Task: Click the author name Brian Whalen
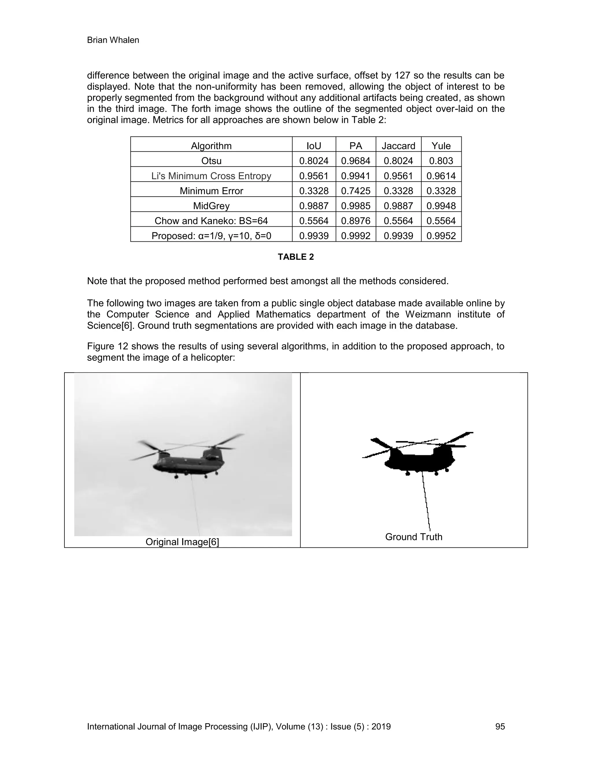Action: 113,40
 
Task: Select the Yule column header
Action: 441,146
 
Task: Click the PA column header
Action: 356,146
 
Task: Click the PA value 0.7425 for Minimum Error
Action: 356,191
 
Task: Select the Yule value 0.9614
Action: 441,176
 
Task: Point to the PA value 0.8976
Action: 356,221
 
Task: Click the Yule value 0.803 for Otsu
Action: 441,161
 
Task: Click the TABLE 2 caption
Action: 296,257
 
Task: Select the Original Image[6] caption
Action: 182,542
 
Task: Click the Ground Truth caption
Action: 413,537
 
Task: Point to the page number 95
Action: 500,726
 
